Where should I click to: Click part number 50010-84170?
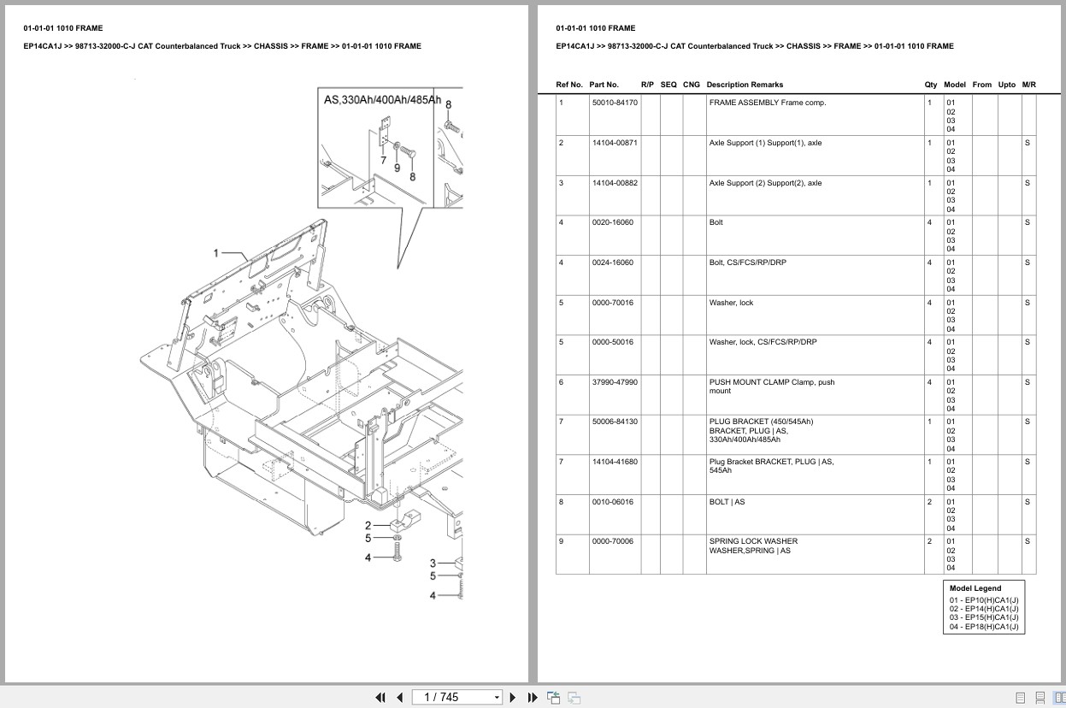pyautogui.click(x=614, y=103)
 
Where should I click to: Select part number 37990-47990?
pyautogui.click(x=614, y=382)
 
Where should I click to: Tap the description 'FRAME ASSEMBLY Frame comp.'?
pyautogui.click(x=767, y=103)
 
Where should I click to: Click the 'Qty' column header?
pyautogui.click(x=930, y=85)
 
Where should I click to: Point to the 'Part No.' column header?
pyautogui.click(x=604, y=85)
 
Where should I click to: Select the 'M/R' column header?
pyautogui.click(x=1028, y=85)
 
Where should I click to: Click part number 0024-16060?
pyautogui.click(x=612, y=263)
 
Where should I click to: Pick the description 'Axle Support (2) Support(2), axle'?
pyautogui.click(x=765, y=183)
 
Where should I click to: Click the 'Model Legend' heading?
pyautogui.click(x=975, y=588)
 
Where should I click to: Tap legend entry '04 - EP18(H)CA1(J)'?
pyautogui.click(x=983, y=627)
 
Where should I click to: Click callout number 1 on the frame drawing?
pyautogui.click(x=216, y=252)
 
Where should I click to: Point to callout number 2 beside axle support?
pyautogui.click(x=368, y=525)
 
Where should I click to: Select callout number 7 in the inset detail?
pyautogui.click(x=383, y=160)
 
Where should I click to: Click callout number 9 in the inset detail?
pyautogui.click(x=397, y=168)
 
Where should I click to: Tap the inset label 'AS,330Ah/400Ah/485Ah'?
pyautogui.click(x=382, y=100)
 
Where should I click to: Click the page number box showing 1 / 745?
pyautogui.click(x=456, y=697)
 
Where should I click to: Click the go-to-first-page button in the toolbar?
pyautogui.click(x=380, y=697)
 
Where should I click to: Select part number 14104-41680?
pyautogui.click(x=614, y=462)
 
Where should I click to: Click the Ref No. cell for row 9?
pyautogui.click(x=562, y=541)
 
